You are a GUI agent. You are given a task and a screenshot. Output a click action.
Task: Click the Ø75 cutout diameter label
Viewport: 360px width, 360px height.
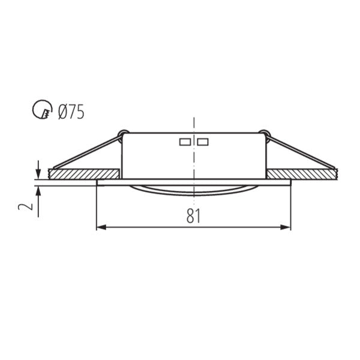71,112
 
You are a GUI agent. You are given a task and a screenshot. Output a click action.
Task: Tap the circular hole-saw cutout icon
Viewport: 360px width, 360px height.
40,110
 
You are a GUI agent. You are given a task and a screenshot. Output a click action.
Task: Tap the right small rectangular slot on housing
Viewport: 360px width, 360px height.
203,142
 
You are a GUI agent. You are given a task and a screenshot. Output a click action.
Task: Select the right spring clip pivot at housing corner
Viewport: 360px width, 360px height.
263,133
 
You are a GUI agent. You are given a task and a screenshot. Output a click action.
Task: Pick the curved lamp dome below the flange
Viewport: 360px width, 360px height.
193,190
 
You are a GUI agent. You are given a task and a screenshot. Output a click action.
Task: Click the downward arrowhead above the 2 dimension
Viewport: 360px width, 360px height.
38,174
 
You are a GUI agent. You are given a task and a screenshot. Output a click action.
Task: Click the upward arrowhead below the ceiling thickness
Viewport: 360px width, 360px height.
38,190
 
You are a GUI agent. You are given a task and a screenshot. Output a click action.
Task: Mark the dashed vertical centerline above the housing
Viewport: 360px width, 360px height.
193,123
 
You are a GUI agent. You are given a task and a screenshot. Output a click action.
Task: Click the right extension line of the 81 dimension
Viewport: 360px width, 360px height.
290,207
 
